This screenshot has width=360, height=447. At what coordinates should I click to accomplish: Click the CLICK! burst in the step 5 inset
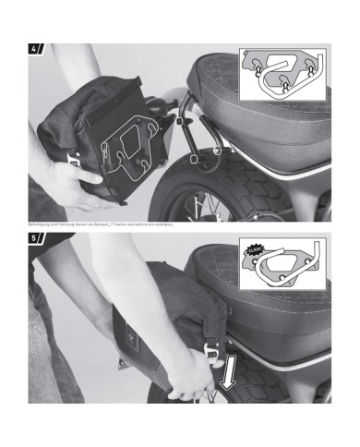click(255, 249)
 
